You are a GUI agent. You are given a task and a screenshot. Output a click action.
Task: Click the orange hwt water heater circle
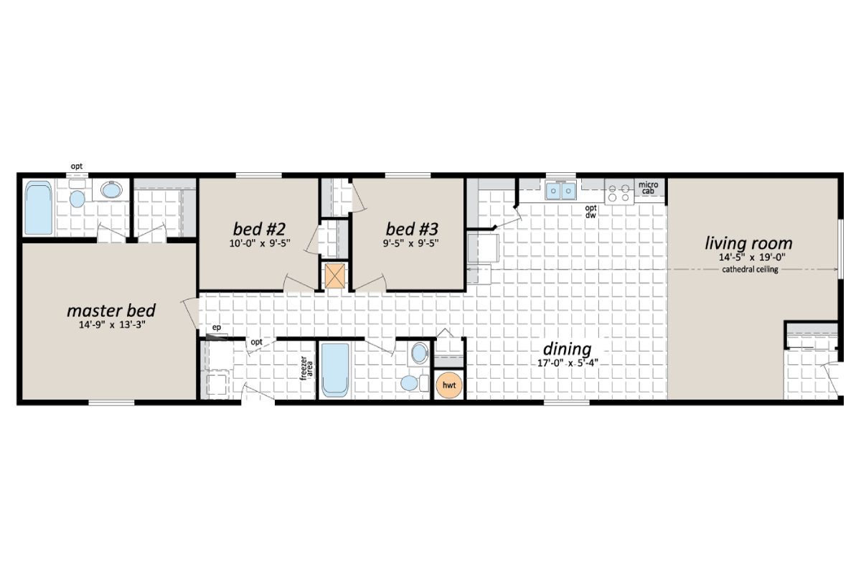pyautogui.click(x=450, y=385)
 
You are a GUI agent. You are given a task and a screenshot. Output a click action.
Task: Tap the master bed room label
pyautogui.click(x=111, y=311)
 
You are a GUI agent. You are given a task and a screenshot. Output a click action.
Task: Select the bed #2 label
pyautogui.click(x=260, y=229)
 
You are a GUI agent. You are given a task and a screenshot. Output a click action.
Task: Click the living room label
pyautogui.click(x=748, y=243)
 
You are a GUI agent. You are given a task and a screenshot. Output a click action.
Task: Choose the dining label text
pyautogui.click(x=567, y=349)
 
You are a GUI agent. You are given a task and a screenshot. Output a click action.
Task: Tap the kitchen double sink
pyautogui.click(x=560, y=192)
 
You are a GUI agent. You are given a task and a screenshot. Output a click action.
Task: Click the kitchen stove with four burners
pyautogui.click(x=618, y=193)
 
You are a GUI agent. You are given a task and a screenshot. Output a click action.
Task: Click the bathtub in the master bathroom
pyautogui.click(x=39, y=208)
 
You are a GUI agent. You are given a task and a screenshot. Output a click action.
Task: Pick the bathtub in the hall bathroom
pyautogui.click(x=334, y=370)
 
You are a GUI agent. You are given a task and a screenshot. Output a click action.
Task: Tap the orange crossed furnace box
pyautogui.click(x=334, y=276)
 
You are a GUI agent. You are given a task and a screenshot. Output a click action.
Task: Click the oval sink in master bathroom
pyautogui.click(x=111, y=190)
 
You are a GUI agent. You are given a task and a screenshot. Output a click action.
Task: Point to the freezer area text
pyautogui.click(x=306, y=367)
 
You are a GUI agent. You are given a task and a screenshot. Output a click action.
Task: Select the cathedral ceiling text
pyautogui.click(x=750, y=270)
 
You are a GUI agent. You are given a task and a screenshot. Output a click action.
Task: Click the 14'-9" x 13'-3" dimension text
pyautogui.click(x=111, y=326)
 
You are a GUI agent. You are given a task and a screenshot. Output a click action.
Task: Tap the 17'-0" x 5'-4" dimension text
pyautogui.click(x=567, y=362)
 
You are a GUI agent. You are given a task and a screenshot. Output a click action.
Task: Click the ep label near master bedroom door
pyautogui.click(x=215, y=329)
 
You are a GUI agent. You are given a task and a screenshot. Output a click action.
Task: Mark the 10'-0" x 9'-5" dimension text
pyautogui.click(x=260, y=243)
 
